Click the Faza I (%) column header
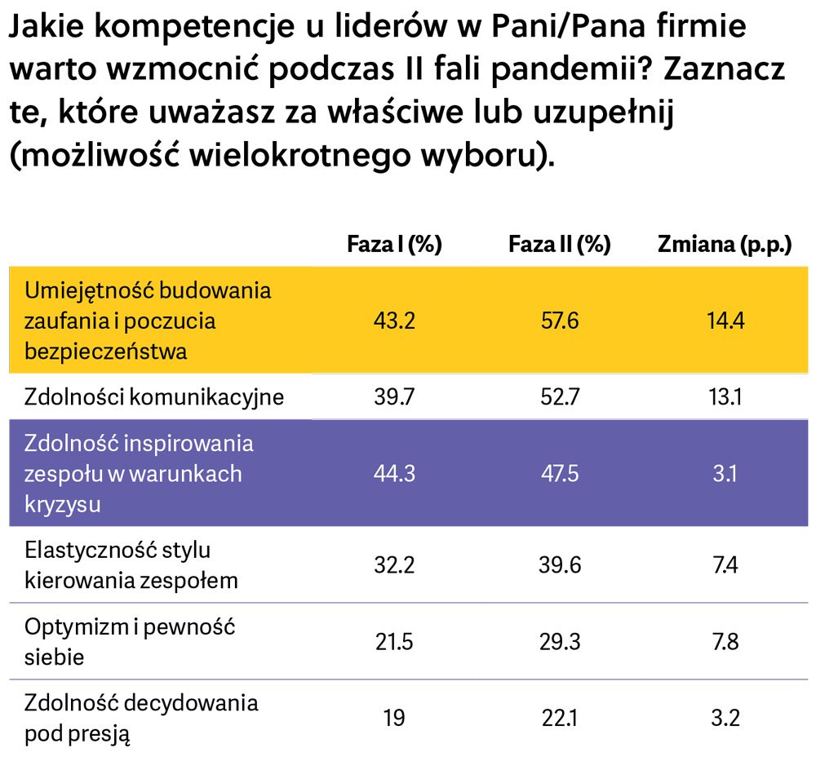[x=394, y=245]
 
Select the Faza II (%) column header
[x=559, y=245]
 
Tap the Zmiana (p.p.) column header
[x=725, y=245]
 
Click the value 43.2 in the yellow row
[x=394, y=321]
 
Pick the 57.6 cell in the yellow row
[x=559, y=321]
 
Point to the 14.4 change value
[x=725, y=321]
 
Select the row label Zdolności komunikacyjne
[x=154, y=397]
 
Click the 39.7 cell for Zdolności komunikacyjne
[x=394, y=397]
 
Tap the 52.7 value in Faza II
[x=559, y=397]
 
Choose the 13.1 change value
[x=725, y=397]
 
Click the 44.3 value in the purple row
[x=394, y=474]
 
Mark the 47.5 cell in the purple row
[x=559, y=474]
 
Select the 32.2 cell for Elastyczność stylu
[x=394, y=565]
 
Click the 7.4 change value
[x=725, y=565]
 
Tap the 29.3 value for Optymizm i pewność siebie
[x=559, y=642]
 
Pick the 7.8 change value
[x=725, y=642]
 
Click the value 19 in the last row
[x=394, y=718]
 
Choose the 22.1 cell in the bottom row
[x=559, y=718]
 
